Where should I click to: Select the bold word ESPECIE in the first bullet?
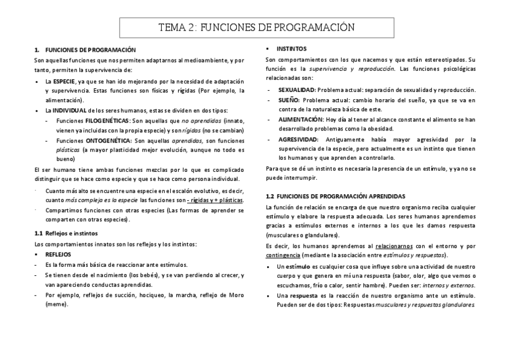(64, 81)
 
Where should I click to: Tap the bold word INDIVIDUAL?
(69, 111)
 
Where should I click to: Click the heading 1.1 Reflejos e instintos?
(66, 233)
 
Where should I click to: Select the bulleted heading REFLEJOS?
(58, 254)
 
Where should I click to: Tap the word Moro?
(236, 294)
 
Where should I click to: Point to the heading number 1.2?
(270, 197)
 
